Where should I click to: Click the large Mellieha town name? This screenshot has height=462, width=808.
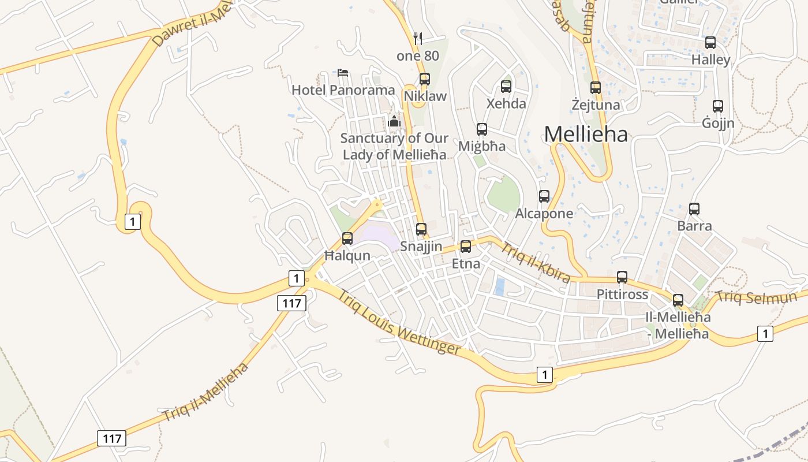[586, 135]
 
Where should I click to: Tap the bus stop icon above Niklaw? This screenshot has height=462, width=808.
[425, 79]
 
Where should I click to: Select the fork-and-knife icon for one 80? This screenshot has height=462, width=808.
[418, 39]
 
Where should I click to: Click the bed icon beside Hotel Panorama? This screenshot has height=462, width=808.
[343, 73]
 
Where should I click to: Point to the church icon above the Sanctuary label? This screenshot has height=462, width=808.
[394, 121]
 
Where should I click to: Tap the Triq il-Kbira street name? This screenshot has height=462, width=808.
[536, 263]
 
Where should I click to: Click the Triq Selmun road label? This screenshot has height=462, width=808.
[756, 297]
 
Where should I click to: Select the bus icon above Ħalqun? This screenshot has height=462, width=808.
[347, 238]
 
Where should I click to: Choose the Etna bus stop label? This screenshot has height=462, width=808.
[466, 264]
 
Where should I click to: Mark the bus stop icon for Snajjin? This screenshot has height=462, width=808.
[421, 229]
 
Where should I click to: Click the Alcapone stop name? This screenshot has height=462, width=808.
[544, 214]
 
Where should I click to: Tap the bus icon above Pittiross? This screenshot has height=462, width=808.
[622, 277]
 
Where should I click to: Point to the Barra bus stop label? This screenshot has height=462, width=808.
[694, 226]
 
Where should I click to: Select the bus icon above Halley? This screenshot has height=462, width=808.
[710, 43]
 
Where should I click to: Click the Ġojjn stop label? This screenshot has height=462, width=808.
[718, 123]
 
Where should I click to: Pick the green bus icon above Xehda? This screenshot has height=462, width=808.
[506, 87]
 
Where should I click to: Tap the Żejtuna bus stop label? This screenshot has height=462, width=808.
[596, 105]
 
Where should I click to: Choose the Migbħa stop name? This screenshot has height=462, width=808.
[482, 146]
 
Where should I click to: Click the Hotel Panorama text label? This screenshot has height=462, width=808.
[343, 90]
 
